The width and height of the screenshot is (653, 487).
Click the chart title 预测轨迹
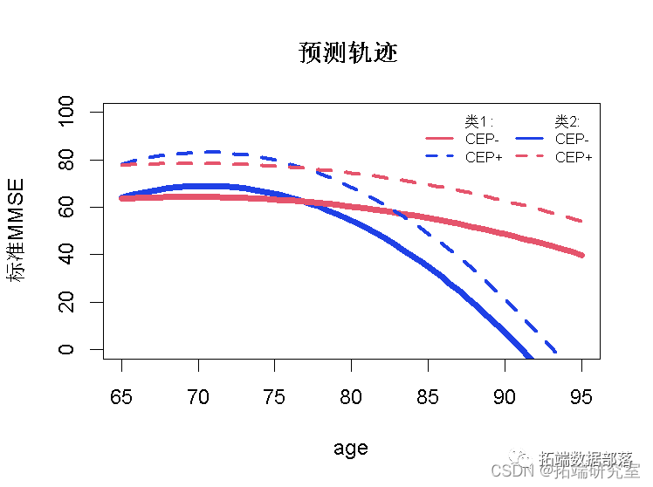(347, 53)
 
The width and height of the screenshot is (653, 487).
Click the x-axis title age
(351, 449)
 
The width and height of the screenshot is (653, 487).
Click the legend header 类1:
(478, 121)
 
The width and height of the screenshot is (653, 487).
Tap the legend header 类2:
(568, 121)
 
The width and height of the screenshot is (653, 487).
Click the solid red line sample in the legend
(440, 139)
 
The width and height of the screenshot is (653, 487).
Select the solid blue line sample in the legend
(530, 139)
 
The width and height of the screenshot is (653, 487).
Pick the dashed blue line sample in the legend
(440, 157)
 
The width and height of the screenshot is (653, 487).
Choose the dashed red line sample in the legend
(530, 157)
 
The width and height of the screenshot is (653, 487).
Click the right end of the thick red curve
(581, 254)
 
